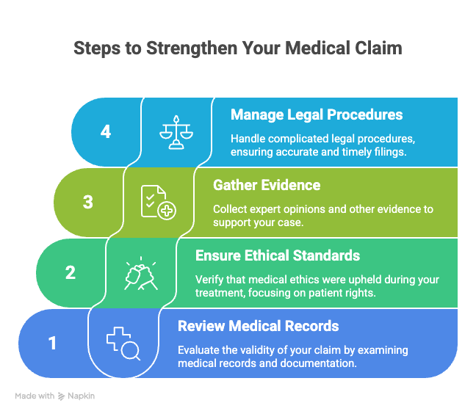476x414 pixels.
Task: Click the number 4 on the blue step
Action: (106, 132)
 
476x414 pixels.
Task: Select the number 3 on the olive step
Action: (88, 202)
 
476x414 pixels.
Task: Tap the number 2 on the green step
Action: (71, 272)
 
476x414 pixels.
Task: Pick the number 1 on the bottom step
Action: (52, 343)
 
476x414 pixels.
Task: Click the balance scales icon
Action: (176, 132)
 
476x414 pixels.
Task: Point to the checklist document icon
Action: (158, 202)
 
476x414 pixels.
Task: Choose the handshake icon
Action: (140, 272)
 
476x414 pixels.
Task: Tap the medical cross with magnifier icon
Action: (123, 344)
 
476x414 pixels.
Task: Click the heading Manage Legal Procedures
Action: (317, 115)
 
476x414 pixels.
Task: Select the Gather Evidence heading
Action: (265, 185)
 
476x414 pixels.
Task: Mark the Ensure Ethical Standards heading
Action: (278, 255)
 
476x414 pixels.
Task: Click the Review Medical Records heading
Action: (259, 326)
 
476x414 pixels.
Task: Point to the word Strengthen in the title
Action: (190, 48)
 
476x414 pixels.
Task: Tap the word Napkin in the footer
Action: (82, 396)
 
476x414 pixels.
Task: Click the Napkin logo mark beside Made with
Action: (62, 396)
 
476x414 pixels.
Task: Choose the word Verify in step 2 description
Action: (209, 280)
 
